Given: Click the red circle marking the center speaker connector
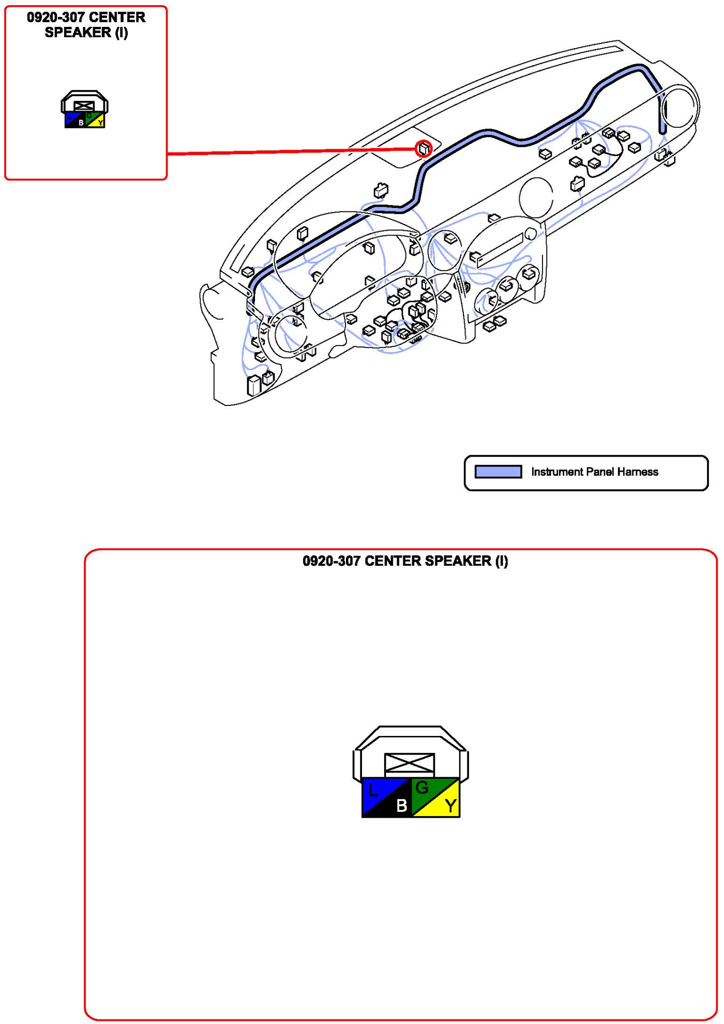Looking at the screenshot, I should [x=424, y=149].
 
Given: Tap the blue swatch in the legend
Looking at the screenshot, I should [x=498, y=472].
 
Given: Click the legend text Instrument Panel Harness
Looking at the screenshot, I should [x=594, y=472].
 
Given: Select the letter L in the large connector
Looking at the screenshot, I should [x=373, y=790].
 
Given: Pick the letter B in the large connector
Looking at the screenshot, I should [x=402, y=805].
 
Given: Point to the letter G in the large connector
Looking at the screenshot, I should [x=422, y=788].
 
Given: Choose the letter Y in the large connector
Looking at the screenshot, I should [x=451, y=805].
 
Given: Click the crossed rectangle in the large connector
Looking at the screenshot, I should [x=410, y=763].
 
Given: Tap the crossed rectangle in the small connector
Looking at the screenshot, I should [x=84, y=107].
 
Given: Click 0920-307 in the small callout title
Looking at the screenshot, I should [x=55, y=18].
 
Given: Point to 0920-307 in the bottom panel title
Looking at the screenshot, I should [x=331, y=561].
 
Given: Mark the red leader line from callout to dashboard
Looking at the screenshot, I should [x=290, y=152].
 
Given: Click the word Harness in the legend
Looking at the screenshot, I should [x=638, y=472].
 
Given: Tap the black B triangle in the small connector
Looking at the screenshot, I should [x=79, y=123].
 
